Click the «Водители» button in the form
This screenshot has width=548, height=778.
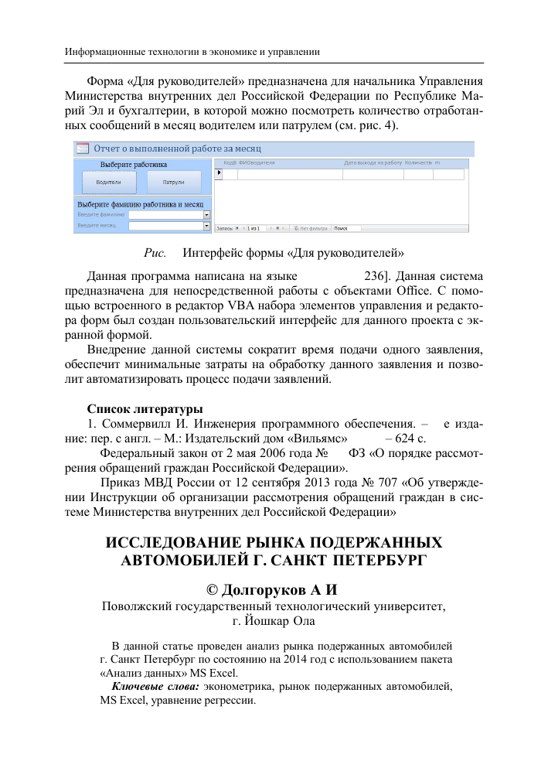coord(108,183)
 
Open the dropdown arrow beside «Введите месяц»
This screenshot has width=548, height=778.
coord(207,226)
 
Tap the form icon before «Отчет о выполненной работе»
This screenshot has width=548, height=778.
coord(80,147)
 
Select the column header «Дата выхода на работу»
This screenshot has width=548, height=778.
coord(373,163)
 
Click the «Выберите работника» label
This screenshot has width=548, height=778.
coord(134,164)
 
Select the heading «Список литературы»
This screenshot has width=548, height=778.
coord(145,408)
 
